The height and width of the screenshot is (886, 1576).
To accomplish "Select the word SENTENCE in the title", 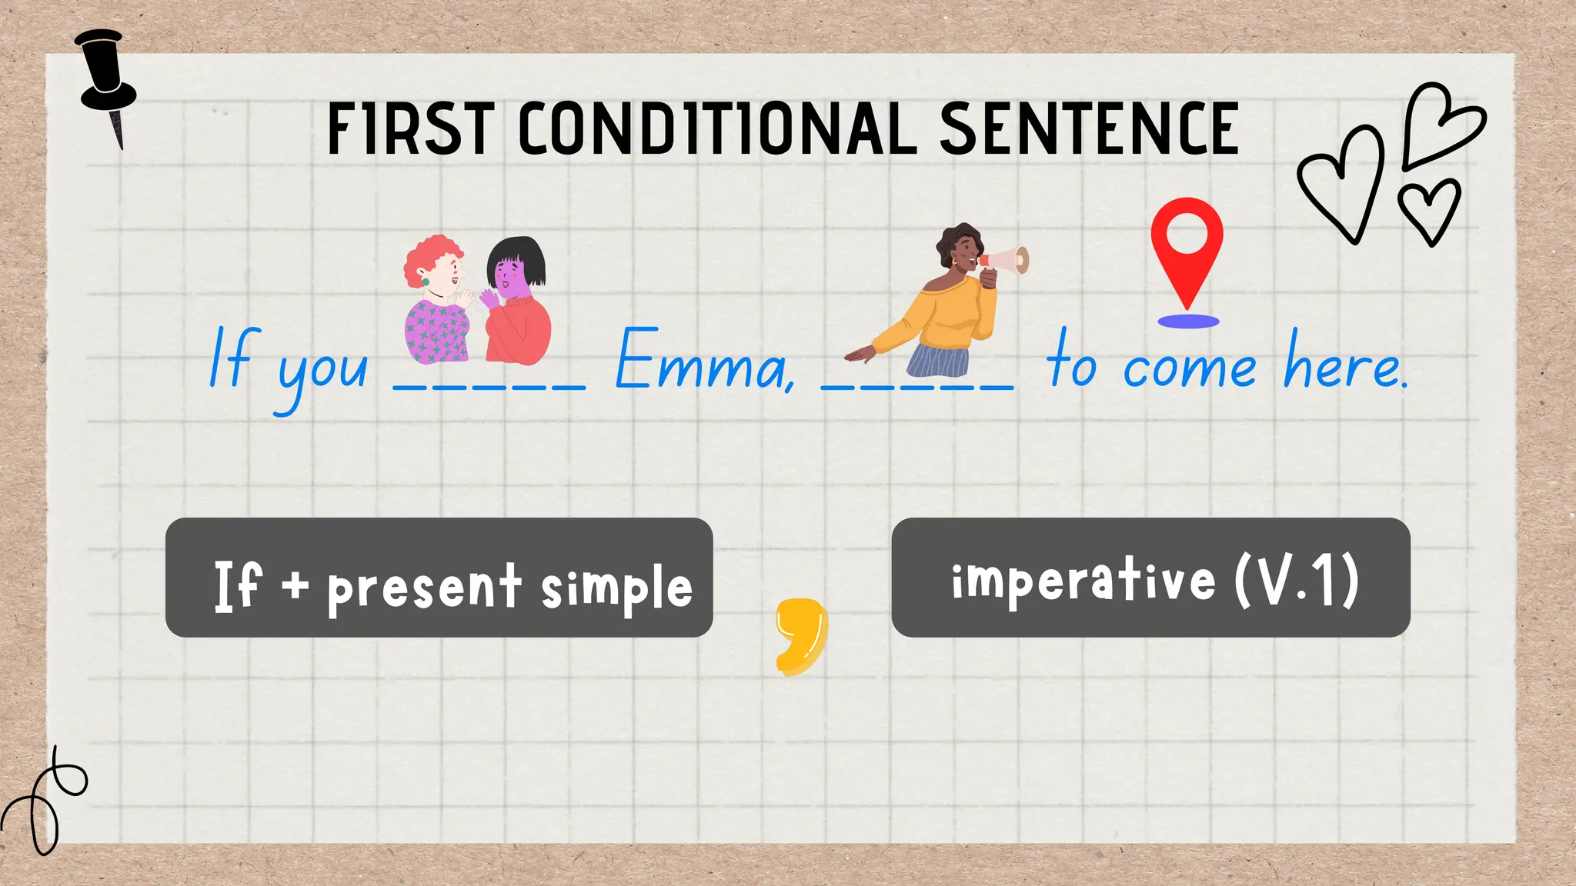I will tap(1088, 129).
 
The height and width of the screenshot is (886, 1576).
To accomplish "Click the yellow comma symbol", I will tap(802, 635).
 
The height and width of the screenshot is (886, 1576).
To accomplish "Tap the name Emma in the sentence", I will tap(704, 361).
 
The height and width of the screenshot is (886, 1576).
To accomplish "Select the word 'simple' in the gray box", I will tap(616, 588).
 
